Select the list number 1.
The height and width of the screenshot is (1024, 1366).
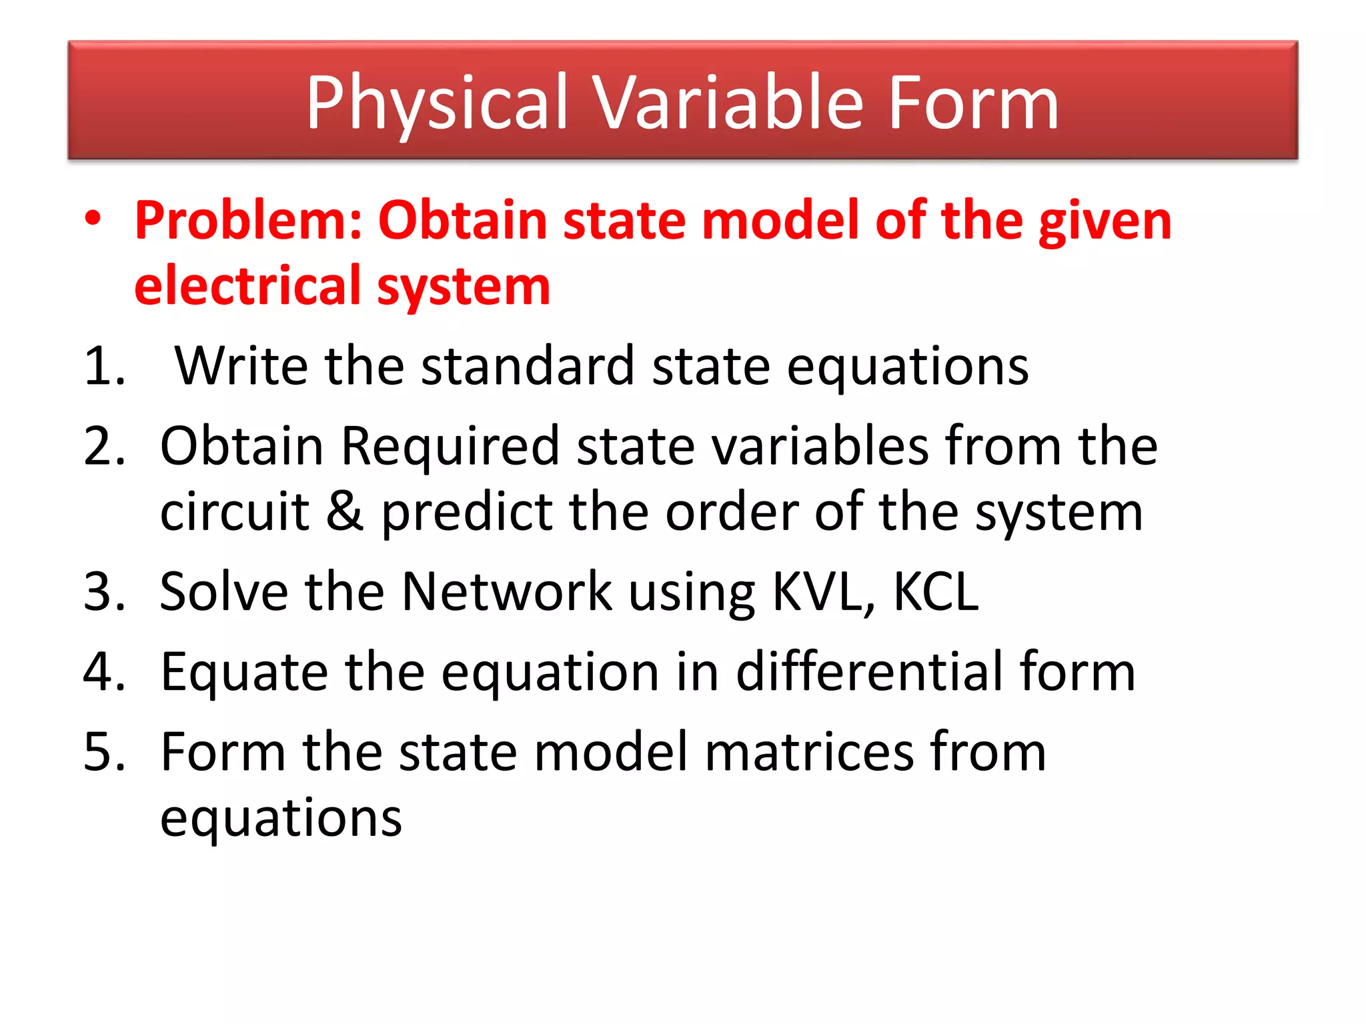click(103, 366)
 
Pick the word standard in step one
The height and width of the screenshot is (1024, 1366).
click(528, 366)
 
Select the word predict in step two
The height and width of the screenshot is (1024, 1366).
click(466, 512)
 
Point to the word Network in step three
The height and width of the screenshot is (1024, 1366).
click(506, 591)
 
